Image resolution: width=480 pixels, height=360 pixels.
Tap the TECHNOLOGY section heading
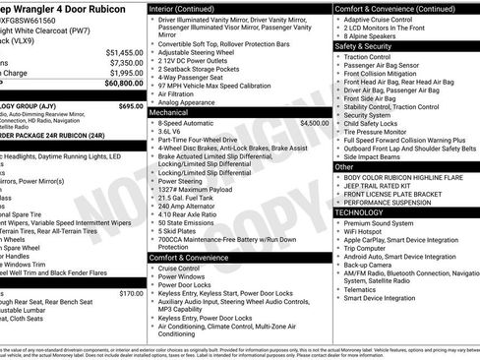[x=363, y=211]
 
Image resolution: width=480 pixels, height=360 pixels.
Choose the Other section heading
[x=343, y=167]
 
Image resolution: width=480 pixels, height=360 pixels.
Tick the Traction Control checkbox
[x=338, y=58]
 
